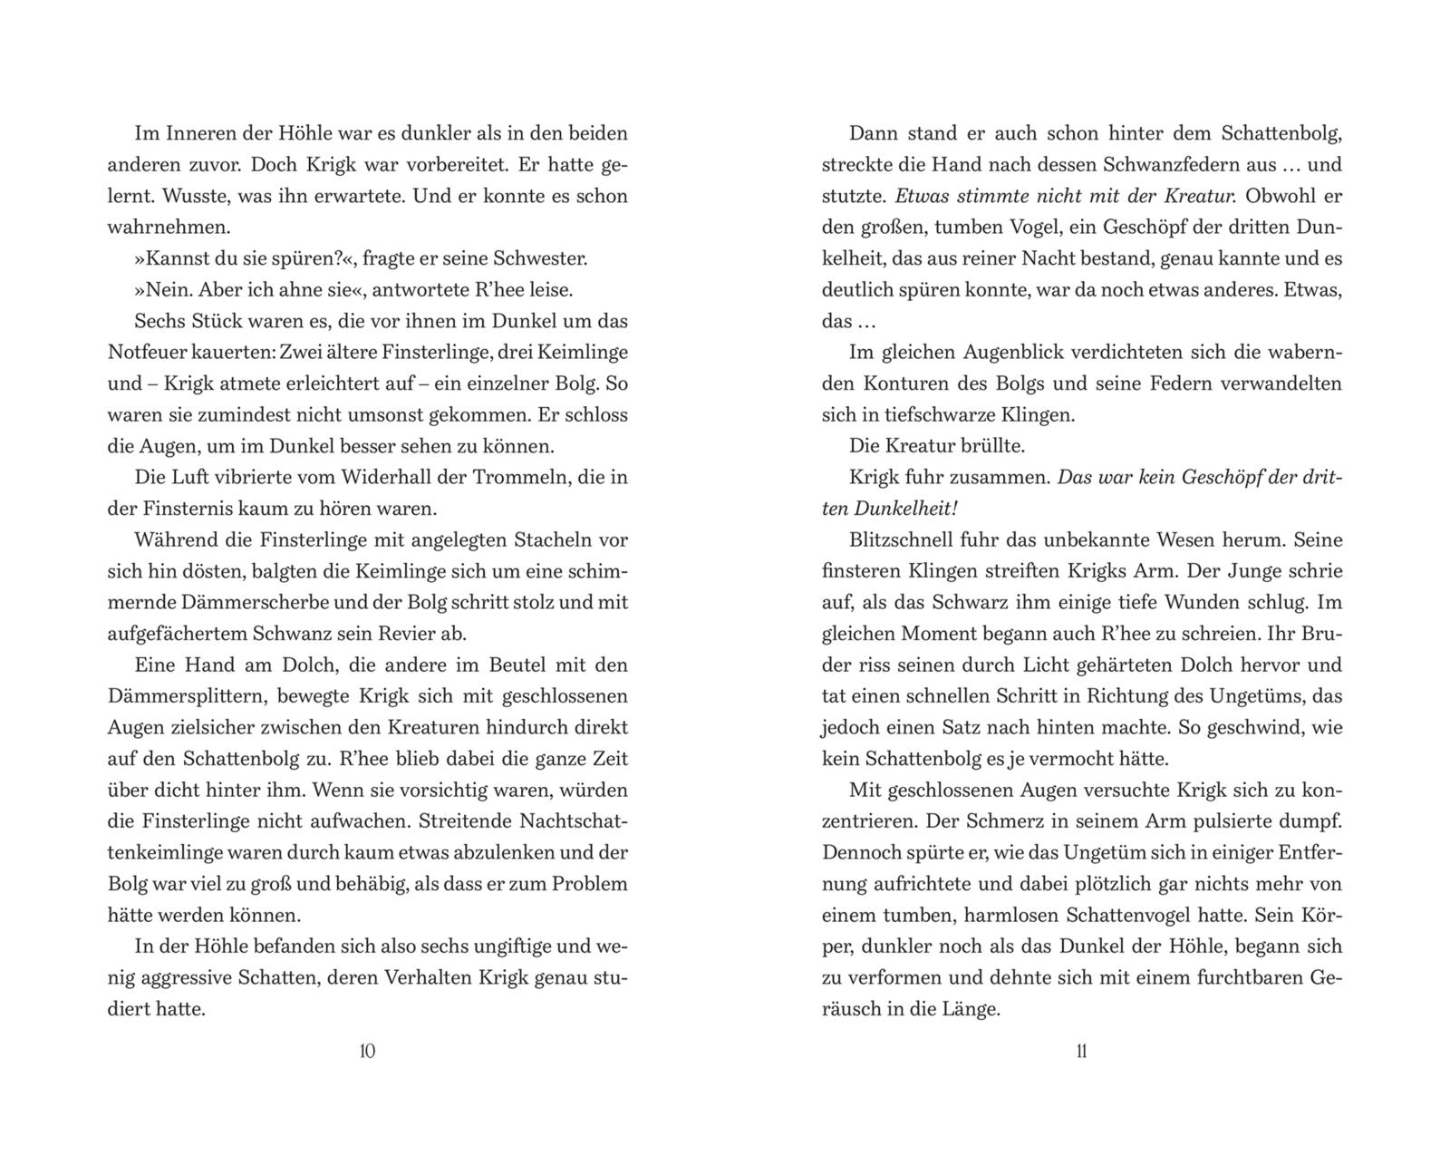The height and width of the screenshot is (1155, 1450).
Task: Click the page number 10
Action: pyautogui.click(x=367, y=1051)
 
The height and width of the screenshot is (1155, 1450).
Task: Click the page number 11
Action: pyautogui.click(x=1081, y=1051)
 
